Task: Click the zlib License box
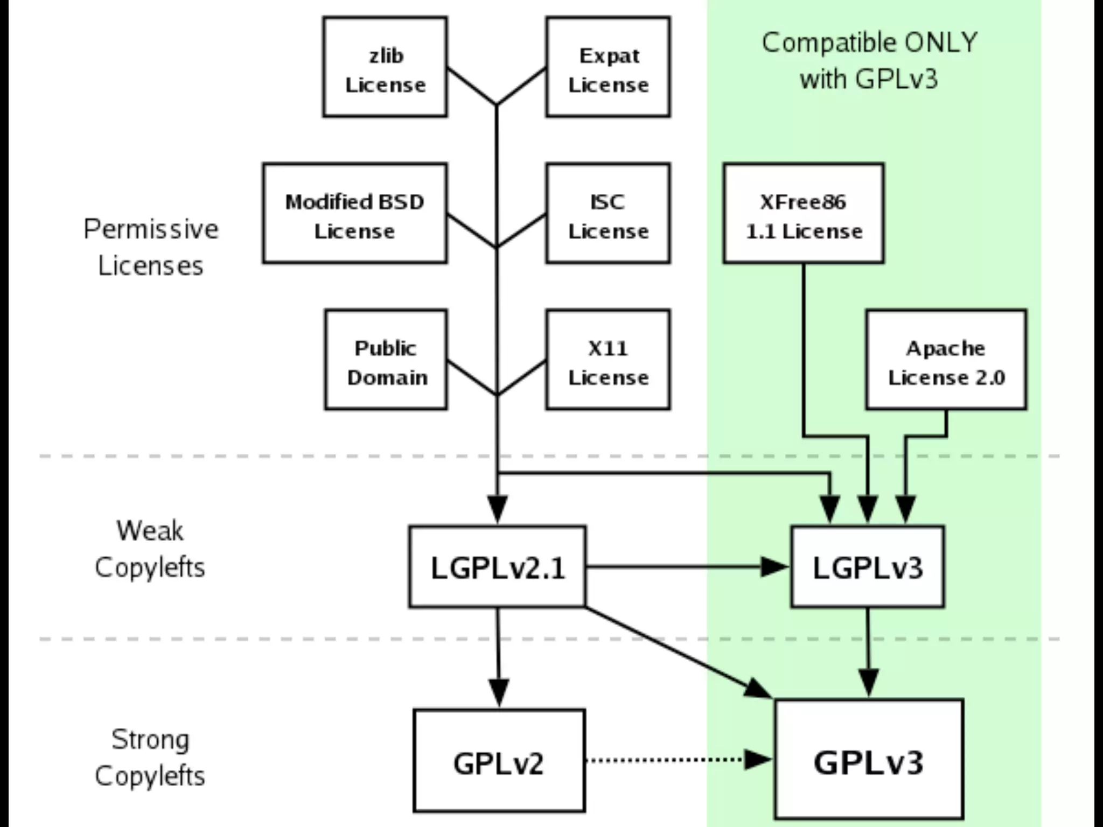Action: pos(385,67)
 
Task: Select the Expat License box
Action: pos(608,67)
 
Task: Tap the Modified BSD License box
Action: pos(355,213)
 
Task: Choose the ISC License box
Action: pos(608,213)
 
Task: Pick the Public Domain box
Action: pos(386,360)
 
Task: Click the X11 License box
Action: pos(608,360)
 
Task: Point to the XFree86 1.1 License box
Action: pos(804,213)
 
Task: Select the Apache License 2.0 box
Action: pos(946,360)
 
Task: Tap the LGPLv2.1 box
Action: pos(498,567)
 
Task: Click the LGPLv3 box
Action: pos(868,567)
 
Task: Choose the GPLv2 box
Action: pos(499,760)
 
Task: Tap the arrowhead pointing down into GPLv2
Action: pos(499,692)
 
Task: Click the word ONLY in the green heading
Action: pos(940,43)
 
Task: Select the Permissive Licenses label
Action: pos(151,247)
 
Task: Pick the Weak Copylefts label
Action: pos(150,549)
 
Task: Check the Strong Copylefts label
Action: pos(150,758)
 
